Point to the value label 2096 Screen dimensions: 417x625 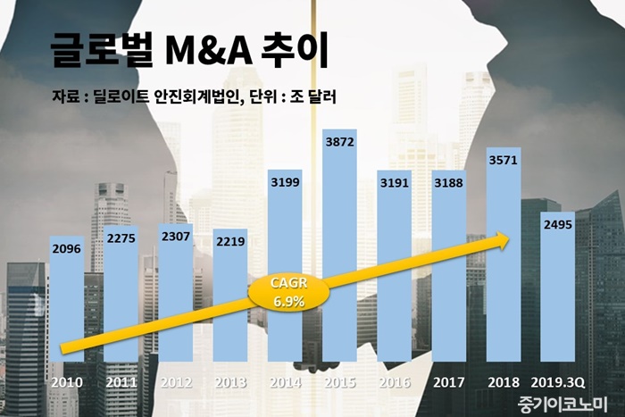67,251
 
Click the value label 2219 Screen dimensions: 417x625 230,242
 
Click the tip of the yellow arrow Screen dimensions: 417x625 510,238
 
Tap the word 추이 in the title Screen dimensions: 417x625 304,53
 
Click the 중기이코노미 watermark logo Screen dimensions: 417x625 562,403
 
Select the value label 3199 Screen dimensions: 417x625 285,184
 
